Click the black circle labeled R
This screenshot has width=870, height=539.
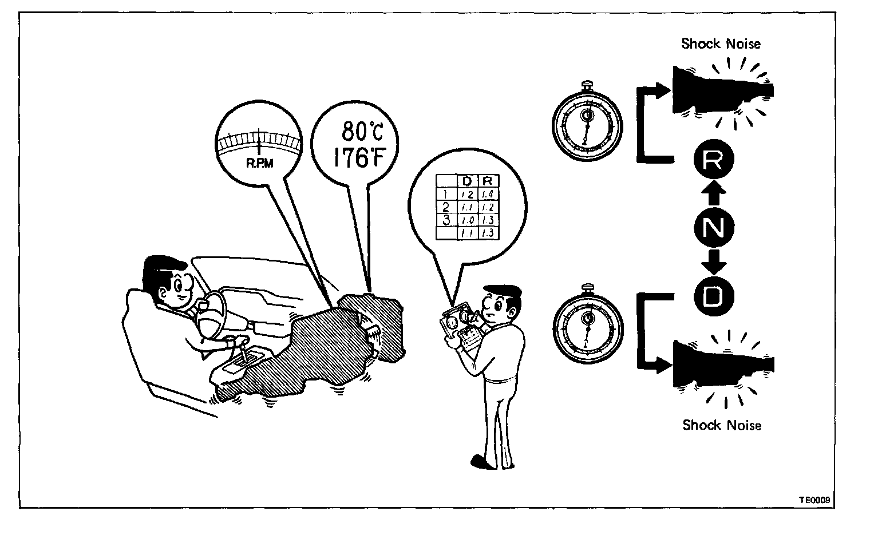[x=712, y=163]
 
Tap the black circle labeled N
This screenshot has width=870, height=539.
[x=713, y=229]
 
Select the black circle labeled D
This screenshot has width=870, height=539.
[x=713, y=295]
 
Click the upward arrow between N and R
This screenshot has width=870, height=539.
[x=713, y=195]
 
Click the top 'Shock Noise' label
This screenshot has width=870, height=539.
[x=721, y=44]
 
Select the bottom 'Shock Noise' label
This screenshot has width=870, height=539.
[x=722, y=425]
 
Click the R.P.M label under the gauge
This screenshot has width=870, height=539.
[x=259, y=163]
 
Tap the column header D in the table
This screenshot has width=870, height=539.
[x=466, y=181]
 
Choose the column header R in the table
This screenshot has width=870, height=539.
[x=487, y=181]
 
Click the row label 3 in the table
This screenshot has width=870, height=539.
[x=446, y=219]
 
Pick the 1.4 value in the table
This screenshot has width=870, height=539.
[x=487, y=194]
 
